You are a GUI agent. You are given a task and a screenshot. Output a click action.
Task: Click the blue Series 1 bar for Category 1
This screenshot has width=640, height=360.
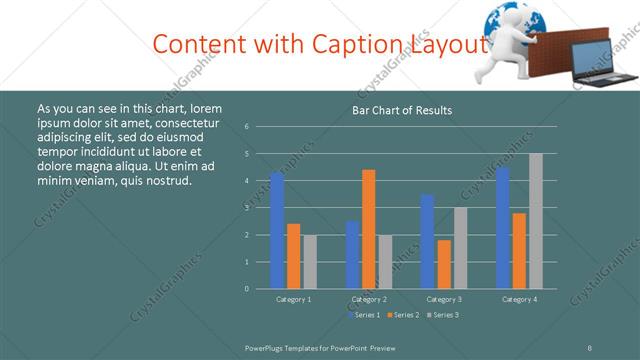[x=277, y=230]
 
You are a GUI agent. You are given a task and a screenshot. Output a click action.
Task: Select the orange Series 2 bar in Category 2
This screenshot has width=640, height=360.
[x=369, y=229]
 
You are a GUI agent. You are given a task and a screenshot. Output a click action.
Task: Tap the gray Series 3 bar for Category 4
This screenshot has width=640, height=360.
[x=536, y=221]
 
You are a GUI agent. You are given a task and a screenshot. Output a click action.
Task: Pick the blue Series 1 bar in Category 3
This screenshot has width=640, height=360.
[x=427, y=241]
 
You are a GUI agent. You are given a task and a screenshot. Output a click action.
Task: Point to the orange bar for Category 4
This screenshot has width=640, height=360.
[x=519, y=250]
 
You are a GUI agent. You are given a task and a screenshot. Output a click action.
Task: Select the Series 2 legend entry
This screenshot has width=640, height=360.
[x=403, y=315]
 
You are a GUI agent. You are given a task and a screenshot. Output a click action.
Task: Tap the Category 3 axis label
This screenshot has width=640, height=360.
[x=444, y=299]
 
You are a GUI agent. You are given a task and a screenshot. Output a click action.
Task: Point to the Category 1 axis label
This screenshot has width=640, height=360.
[x=293, y=299]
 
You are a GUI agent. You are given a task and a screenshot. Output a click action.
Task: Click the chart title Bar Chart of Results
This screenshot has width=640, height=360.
[x=402, y=110]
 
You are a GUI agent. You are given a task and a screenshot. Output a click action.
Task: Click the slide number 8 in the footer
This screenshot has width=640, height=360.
[x=590, y=347]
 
